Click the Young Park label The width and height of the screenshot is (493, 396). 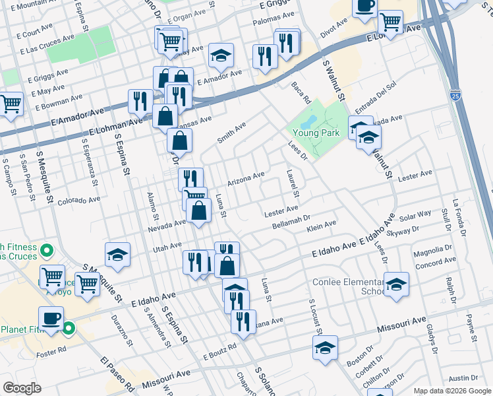tap(316, 133)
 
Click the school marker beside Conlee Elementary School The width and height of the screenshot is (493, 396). tap(396, 284)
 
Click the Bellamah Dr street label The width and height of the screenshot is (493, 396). tap(291, 222)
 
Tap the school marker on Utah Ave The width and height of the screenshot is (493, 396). tap(117, 255)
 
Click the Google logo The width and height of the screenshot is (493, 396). tap(22, 388)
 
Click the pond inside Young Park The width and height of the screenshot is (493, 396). tap(308, 122)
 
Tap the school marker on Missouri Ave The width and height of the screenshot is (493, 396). tap(325, 348)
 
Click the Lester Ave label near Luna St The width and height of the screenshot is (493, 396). tap(281, 210)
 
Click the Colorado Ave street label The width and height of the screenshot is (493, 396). tap(78, 199)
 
